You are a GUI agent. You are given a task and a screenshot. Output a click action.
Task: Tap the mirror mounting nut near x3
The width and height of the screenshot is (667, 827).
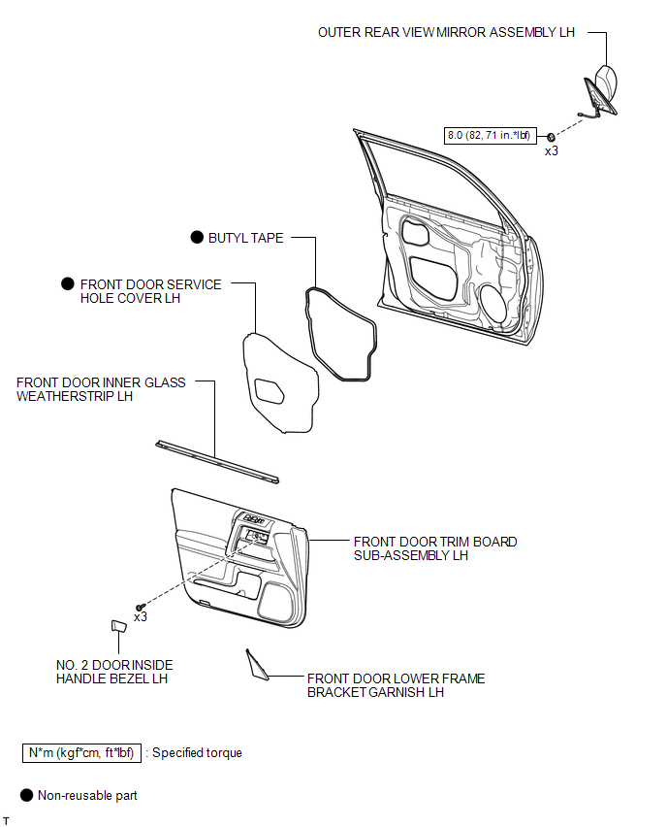[x=550, y=137]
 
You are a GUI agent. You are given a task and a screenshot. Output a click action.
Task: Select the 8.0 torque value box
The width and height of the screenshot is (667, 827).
[x=490, y=136]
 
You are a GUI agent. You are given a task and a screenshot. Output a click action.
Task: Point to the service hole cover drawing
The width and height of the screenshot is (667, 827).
[x=281, y=384]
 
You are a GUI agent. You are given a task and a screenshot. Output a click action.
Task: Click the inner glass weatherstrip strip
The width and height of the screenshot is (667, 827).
[x=217, y=462]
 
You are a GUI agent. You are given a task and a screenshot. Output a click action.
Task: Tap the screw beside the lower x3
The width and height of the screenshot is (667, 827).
[x=140, y=608]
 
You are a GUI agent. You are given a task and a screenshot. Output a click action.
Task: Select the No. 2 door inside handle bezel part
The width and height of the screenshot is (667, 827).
[x=118, y=626]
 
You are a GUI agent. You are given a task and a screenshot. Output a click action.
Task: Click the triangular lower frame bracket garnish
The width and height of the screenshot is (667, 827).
[x=257, y=665]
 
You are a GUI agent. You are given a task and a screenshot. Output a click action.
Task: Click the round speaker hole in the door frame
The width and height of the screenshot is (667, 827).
[x=493, y=304]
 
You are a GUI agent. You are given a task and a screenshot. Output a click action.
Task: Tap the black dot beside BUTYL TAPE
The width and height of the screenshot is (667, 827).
[x=197, y=238]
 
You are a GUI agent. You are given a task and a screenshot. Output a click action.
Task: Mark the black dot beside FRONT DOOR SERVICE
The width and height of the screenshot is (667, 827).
[x=68, y=283]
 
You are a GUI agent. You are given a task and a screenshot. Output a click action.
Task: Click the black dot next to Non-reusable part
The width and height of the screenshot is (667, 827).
[x=26, y=795]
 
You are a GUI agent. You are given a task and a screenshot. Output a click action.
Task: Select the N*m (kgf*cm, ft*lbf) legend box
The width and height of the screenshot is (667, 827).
[x=81, y=753]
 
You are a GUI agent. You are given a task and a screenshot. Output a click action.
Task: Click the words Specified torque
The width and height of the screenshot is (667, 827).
[x=197, y=753]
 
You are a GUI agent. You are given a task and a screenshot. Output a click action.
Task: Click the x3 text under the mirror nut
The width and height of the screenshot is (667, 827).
[x=551, y=150]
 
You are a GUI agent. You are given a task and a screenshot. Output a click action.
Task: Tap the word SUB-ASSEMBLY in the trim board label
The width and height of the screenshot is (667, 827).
[x=397, y=555]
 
